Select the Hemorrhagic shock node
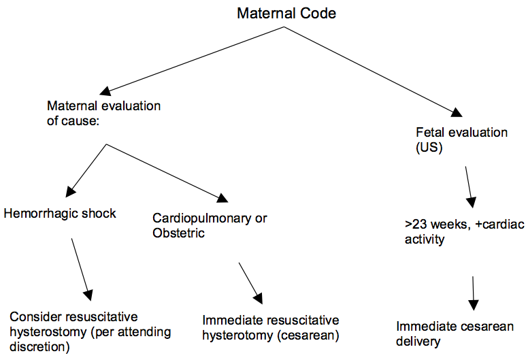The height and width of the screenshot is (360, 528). tap(60, 213)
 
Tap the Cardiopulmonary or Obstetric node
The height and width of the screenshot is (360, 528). tap(210, 226)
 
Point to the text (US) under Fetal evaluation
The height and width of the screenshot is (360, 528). tap(429, 147)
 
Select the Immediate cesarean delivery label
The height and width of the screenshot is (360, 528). tap(455, 333)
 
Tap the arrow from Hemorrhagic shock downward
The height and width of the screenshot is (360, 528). tap(82, 268)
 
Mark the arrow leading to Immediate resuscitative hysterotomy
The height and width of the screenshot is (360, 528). tap(248, 282)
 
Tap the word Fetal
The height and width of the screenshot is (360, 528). tap(429, 133)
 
